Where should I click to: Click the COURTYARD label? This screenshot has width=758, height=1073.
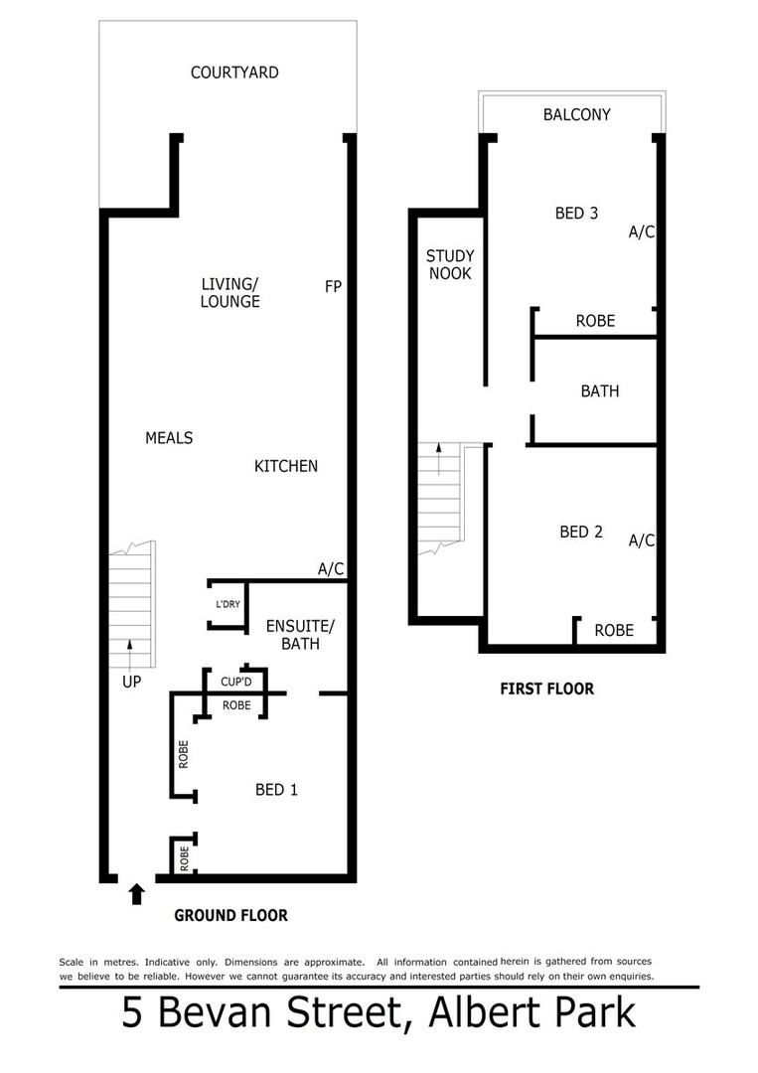pos(234,73)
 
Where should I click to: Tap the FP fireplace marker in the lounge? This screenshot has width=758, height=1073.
pos(333,286)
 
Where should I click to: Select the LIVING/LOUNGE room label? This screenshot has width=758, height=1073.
pos(229,293)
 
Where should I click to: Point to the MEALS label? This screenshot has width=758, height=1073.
pos(169,438)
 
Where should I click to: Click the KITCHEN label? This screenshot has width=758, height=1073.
pos(286,466)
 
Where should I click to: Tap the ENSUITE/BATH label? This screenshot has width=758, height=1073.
pos(301,634)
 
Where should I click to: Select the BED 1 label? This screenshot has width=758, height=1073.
pos(277,790)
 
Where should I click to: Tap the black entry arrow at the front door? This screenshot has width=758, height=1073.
pos(135,894)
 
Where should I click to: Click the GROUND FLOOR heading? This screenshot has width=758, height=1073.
pos(230,916)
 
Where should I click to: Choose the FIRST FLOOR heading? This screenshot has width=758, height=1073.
pos(546,689)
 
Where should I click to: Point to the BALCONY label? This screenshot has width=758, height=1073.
pos(576,115)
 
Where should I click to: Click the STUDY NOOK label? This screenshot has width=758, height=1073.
pos(450,264)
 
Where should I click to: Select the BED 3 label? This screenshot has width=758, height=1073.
pos(576,213)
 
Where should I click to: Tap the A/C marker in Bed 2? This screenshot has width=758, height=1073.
pos(641,541)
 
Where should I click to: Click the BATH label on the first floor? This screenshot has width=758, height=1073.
pos(599,391)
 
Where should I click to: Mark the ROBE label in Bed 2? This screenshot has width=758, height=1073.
pos(613,631)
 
